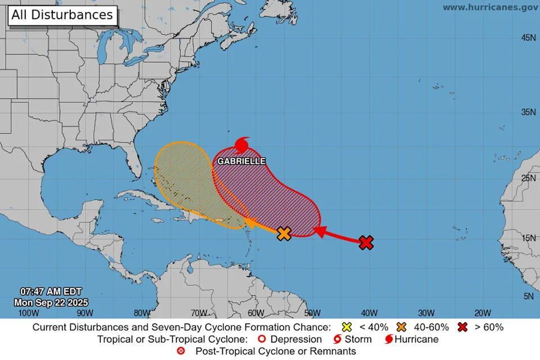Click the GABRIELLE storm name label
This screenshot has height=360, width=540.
pyautogui.click(x=241, y=161)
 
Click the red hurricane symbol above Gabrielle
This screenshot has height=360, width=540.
pyautogui.click(x=242, y=145)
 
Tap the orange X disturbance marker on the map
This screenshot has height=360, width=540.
pyautogui.click(x=285, y=233)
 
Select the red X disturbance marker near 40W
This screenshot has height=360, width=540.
pyautogui.click(x=366, y=242)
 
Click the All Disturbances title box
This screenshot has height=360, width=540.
pyautogui.click(x=62, y=15)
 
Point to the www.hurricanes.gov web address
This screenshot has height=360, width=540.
pyautogui.click(x=490, y=7)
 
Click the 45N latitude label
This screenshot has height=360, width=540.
pyautogui.click(x=528, y=37)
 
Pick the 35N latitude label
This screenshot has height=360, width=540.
pyautogui.click(x=528, y=112)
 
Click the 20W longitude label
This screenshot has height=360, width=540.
pyautogui.click(x=483, y=313)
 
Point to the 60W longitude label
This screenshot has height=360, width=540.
pyautogui.click(x=256, y=313)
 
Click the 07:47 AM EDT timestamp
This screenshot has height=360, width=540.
pyautogui.click(x=51, y=291)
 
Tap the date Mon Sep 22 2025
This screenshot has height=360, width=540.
pyautogui.click(x=52, y=302)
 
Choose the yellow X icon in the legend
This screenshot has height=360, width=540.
pyautogui.click(x=346, y=327)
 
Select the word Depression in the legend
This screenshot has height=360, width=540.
pyautogui.click(x=296, y=339)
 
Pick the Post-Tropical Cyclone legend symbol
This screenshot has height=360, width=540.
pyautogui.click(x=181, y=352)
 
